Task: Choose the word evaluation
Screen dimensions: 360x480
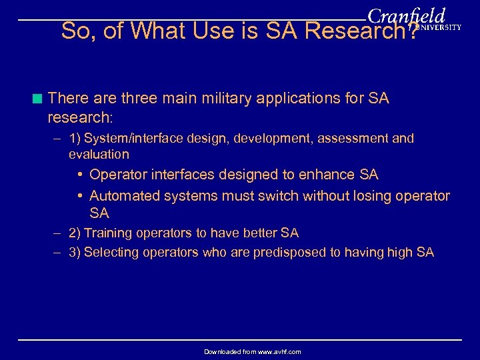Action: click(x=99, y=154)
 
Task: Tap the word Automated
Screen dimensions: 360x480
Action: click(x=126, y=195)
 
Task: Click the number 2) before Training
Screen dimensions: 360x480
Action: click(x=75, y=233)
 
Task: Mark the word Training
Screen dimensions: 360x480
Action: click(x=107, y=233)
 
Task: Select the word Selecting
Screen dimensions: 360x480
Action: click(x=111, y=252)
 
